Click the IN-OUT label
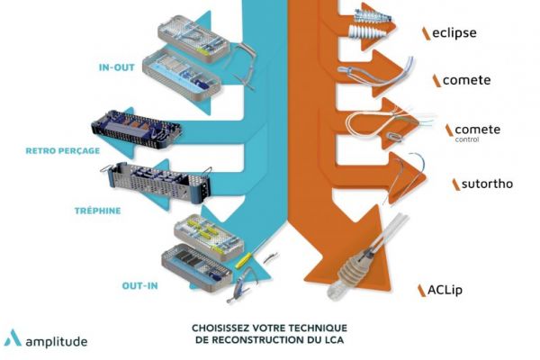pos(116,66)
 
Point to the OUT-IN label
pos(140,286)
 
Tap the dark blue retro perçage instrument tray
pos(135,134)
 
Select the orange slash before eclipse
pos(425,33)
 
